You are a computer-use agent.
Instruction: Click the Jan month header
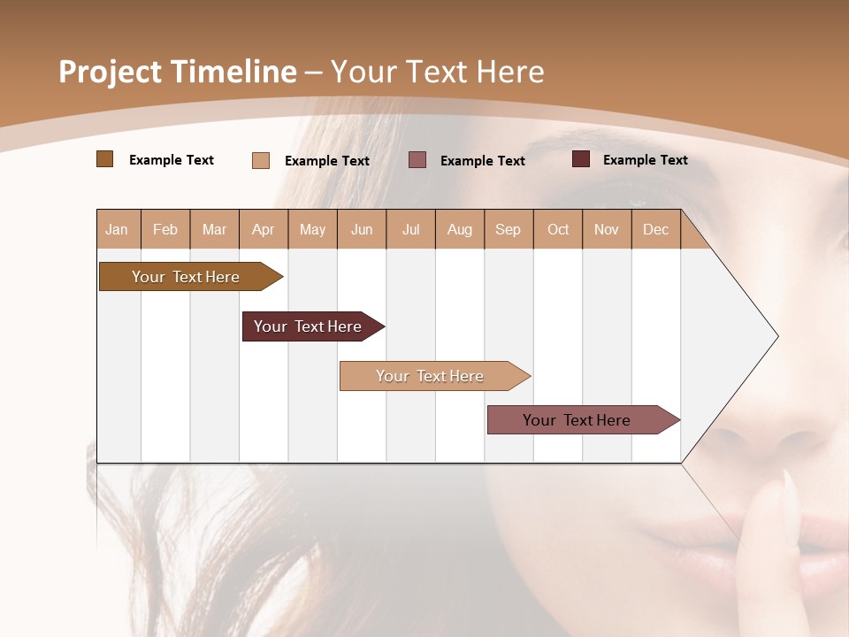tap(118, 229)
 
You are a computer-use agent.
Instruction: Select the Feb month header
tap(165, 229)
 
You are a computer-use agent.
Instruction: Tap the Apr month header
tap(264, 229)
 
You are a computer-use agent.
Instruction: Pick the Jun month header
tap(362, 229)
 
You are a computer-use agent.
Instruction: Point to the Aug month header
tap(460, 229)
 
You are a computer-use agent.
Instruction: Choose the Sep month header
tap(509, 229)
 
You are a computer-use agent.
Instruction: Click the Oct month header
tap(558, 229)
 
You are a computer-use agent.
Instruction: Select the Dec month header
tap(656, 229)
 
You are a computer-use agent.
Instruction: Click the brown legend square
tap(105, 159)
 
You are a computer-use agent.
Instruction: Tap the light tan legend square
tap(261, 160)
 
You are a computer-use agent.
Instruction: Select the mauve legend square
tap(417, 160)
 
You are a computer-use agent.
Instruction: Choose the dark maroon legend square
tap(581, 159)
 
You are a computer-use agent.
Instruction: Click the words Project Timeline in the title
tap(178, 72)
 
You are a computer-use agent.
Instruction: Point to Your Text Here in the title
tap(437, 72)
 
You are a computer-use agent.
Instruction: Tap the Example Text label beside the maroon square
tap(645, 159)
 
